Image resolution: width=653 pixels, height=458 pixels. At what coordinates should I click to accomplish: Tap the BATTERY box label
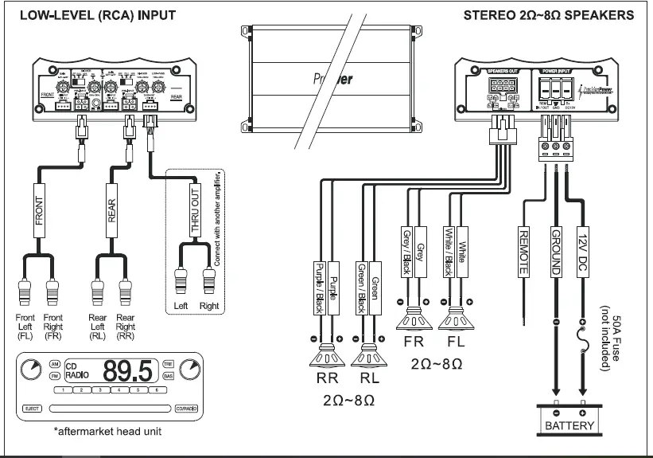[569, 426]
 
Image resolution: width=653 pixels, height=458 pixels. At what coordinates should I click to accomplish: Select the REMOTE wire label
[523, 251]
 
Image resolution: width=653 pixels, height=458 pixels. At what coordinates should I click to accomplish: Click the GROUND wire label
[555, 251]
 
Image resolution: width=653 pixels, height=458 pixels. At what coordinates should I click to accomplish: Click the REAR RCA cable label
[111, 209]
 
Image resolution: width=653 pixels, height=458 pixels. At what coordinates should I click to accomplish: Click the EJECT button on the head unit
[31, 409]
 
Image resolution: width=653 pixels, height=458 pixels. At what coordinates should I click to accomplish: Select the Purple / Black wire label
[320, 287]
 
